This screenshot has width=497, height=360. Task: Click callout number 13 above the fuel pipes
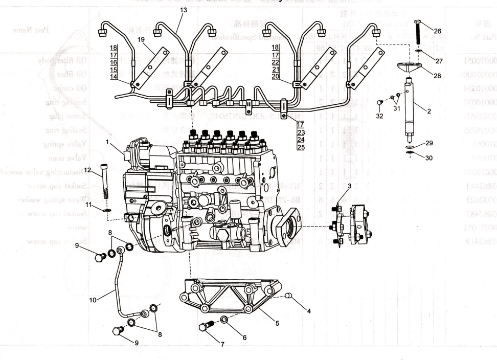184,10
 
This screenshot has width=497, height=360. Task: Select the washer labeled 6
225,320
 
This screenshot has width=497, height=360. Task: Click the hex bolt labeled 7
207,325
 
